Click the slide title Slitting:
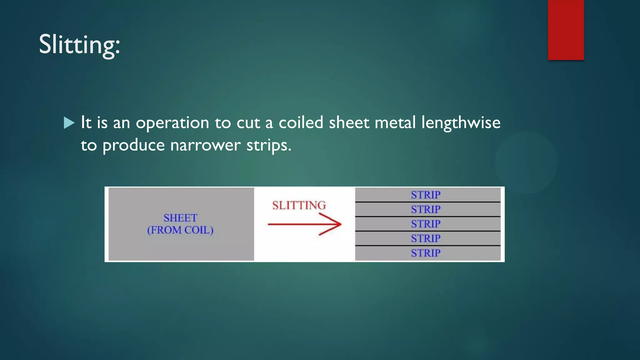pyautogui.click(x=79, y=45)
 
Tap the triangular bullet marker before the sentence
pyautogui.click(x=69, y=123)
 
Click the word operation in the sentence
pyautogui.click(x=172, y=123)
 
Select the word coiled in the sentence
pyautogui.click(x=301, y=122)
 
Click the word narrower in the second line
pyautogui.click(x=205, y=145)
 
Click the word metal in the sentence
pyautogui.click(x=395, y=122)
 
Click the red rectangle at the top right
pyautogui.click(x=566, y=30)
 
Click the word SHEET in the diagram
pyautogui.click(x=180, y=218)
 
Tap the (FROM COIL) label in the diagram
pyautogui.click(x=180, y=230)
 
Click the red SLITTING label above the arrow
pyautogui.click(x=299, y=205)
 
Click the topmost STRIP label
pyautogui.click(x=426, y=195)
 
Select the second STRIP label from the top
pyautogui.click(x=426, y=209)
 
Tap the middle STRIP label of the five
pyautogui.click(x=426, y=224)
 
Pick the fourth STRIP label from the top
pyautogui.click(x=426, y=238)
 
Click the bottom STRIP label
pyautogui.click(x=426, y=253)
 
